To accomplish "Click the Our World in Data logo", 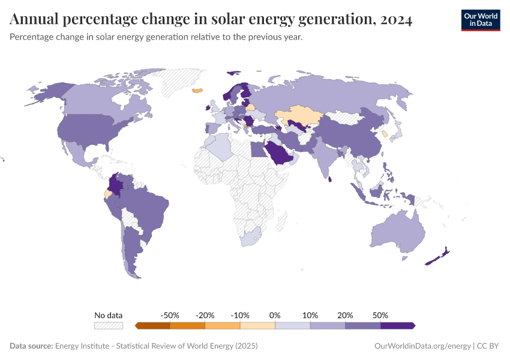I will pyautogui.click(x=480, y=20).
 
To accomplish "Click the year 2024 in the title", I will pyautogui.click(x=395, y=20).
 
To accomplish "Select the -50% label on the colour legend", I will pyautogui.click(x=170, y=315).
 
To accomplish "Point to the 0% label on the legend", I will pyautogui.click(x=275, y=315).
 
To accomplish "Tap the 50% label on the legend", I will pyautogui.click(x=380, y=315).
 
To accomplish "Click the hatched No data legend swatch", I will pyautogui.click(x=109, y=326).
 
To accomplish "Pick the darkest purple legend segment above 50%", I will pyautogui.click(x=397, y=326).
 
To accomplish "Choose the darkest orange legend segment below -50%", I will pyautogui.click(x=153, y=326).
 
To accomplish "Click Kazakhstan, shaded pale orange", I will pyautogui.click(x=298, y=115).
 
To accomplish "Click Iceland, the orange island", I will pyautogui.click(x=197, y=91).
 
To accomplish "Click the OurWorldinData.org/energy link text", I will pyautogui.click(x=422, y=346).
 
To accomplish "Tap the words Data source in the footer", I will pyautogui.click(x=31, y=346).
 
